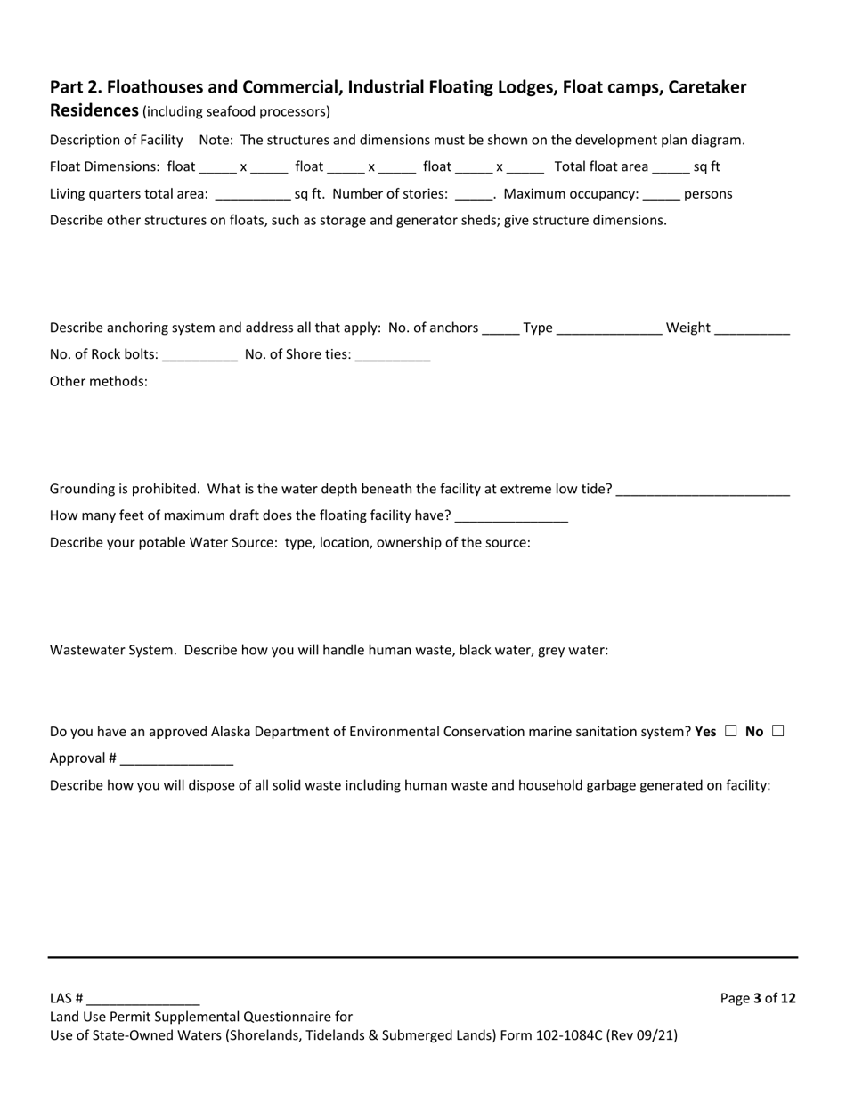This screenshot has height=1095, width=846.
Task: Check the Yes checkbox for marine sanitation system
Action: coord(730,731)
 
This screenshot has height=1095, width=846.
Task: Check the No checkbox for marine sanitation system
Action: coord(777,731)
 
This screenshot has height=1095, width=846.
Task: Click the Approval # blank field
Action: coord(176,759)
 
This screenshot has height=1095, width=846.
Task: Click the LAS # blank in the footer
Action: coord(143,999)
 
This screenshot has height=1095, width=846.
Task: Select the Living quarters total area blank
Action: coord(253,194)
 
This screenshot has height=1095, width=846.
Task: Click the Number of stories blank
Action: coord(473,194)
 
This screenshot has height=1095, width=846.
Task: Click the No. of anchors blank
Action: coord(500,328)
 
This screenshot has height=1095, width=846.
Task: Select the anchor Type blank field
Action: coord(609,328)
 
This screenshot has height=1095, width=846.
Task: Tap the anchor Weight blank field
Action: coord(752,328)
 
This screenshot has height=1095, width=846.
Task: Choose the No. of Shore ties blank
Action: coord(392,355)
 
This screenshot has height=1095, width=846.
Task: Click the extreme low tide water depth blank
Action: coord(703,490)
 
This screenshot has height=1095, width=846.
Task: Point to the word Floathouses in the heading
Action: coord(154,87)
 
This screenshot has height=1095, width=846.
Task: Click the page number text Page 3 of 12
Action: coord(758,998)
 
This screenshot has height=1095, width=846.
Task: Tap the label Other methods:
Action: coord(99,382)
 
